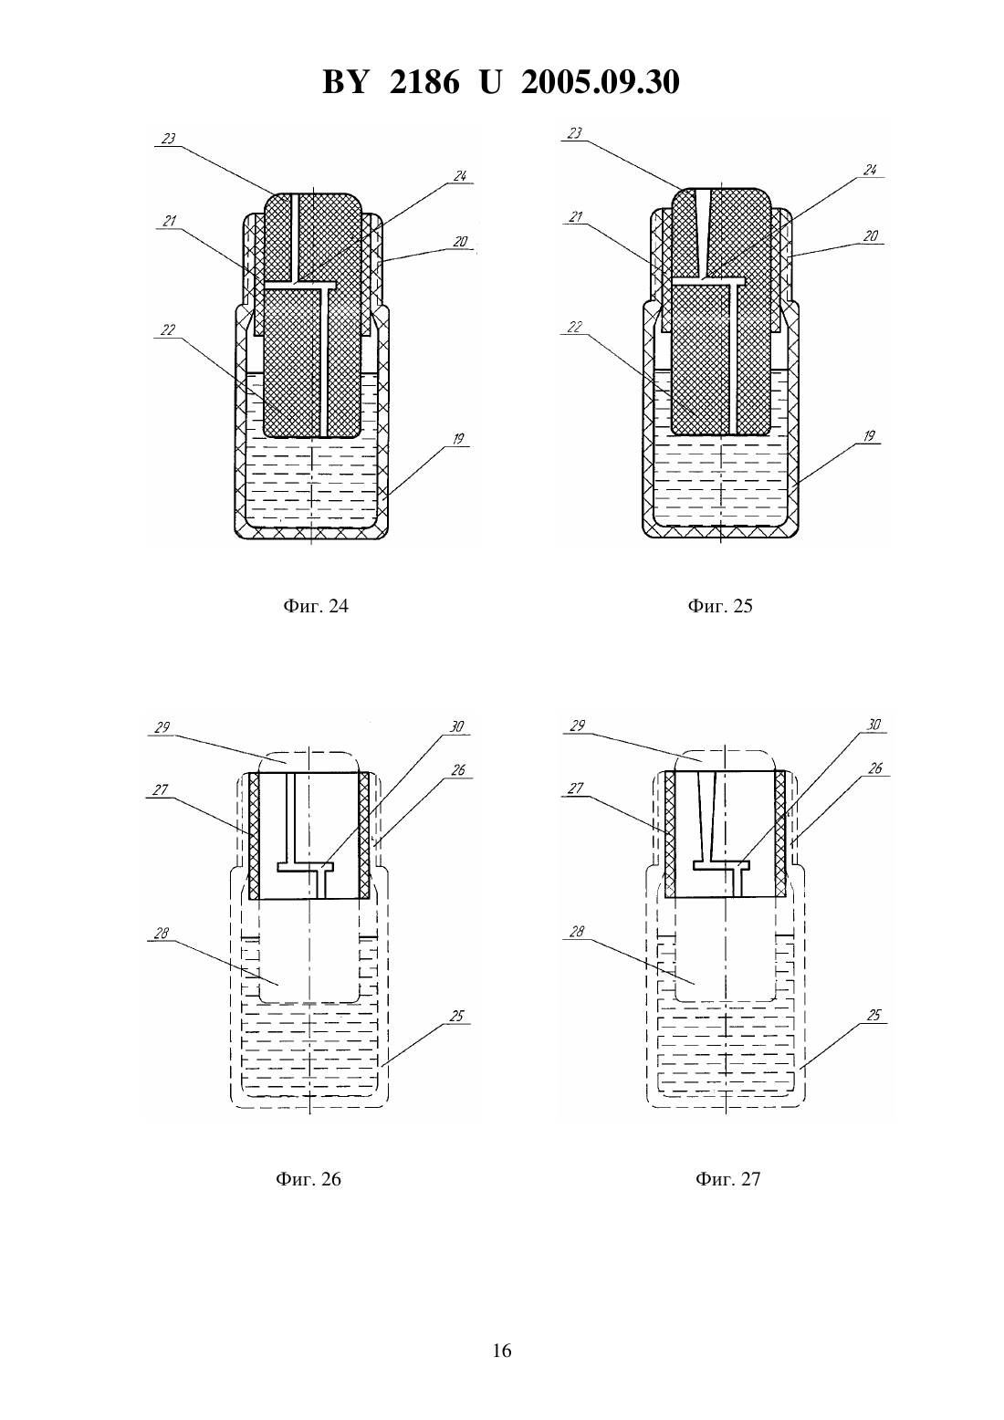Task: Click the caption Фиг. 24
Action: point(315,606)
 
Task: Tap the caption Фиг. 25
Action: point(719,606)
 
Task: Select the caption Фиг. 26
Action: point(309,1179)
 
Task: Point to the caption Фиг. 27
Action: point(727,1179)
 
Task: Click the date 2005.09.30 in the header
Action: point(601,82)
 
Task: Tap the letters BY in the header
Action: point(345,82)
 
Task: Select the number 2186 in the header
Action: point(424,82)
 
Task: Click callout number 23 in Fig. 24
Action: point(168,138)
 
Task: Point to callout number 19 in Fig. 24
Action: point(458,439)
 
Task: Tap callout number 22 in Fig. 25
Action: point(575,327)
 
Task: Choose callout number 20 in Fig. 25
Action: point(871,235)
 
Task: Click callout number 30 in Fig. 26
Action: point(457,726)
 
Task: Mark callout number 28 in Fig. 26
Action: point(162,934)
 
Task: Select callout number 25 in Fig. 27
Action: point(873,1016)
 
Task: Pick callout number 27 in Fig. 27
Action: point(576,788)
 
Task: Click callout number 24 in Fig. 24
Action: point(460,175)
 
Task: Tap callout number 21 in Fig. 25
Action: point(575,217)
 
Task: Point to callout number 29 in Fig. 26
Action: point(162,727)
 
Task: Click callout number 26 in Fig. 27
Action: point(874,768)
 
